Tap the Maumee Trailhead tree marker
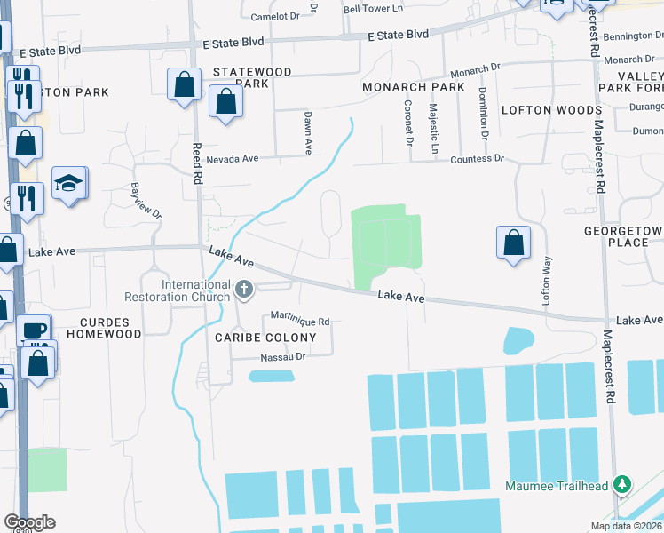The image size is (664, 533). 623,485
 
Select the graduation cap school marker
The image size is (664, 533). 69,184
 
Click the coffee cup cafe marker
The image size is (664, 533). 35,331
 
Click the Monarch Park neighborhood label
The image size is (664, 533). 413,88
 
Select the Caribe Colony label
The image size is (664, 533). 265,338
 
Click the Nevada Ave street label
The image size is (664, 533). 232,159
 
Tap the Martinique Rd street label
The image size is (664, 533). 300,321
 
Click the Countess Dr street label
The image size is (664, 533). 477,159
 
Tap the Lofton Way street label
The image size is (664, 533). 548,281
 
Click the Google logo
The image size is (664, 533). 29,522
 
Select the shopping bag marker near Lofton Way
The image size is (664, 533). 513,243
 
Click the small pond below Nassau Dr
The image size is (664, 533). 272,376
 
